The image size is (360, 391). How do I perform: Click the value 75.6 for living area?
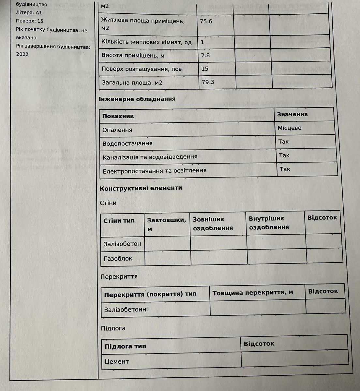click(206, 22)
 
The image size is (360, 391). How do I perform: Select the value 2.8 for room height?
click(205, 55)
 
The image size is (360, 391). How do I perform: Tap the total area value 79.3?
click(208, 82)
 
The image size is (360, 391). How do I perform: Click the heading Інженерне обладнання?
click(137, 99)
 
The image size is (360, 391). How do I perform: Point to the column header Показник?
click(118, 116)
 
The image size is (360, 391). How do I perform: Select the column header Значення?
click(292, 114)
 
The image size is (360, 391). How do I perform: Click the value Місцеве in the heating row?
click(290, 128)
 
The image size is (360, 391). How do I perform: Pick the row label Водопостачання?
click(127, 144)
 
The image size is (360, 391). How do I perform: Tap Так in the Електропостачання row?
click(285, 169)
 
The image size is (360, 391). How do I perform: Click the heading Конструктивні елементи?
click(141, 188)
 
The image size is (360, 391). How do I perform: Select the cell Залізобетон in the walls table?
click(122, 244)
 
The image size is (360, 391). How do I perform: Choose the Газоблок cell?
click(118, 259)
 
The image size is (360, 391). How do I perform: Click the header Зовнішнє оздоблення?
click(213, 224)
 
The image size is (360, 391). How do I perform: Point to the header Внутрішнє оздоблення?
click(269, 223)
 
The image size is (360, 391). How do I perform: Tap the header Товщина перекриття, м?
click(253, 293)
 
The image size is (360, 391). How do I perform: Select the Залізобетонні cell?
click(126, 310)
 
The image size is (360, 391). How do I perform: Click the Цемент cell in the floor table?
click(117, 362)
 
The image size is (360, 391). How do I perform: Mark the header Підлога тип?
click(125, 346)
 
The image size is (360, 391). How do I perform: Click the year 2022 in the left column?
click(22, 54)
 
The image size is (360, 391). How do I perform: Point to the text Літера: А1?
click(29, 13)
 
